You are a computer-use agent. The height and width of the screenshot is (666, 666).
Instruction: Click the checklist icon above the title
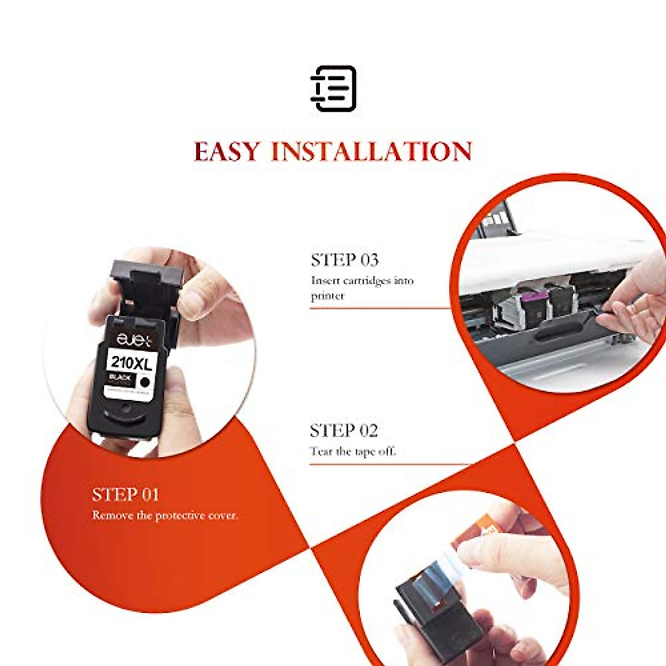click(333, 88)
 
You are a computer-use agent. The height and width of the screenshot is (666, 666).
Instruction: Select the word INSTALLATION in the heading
click(371, 152)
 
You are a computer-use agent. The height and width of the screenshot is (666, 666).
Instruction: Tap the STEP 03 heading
click(345, 260)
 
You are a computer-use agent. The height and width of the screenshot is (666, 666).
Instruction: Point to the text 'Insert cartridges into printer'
click(362, 288)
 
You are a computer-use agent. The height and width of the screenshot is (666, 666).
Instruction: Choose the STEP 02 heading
click(344, 431)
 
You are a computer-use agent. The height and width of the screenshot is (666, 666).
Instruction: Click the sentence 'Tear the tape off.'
click(353, 451)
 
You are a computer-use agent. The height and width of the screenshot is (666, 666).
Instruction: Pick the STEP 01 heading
click(125, 495)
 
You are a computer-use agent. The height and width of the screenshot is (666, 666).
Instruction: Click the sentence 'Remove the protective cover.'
click(165, 516)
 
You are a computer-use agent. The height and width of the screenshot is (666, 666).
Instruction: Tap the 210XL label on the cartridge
click(131, 364)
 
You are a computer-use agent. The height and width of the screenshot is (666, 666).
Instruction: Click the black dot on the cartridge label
click(145, 382)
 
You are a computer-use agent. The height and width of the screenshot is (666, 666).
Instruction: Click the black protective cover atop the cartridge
click(147, 277)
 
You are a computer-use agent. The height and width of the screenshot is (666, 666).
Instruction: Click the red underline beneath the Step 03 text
click(380, 308)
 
